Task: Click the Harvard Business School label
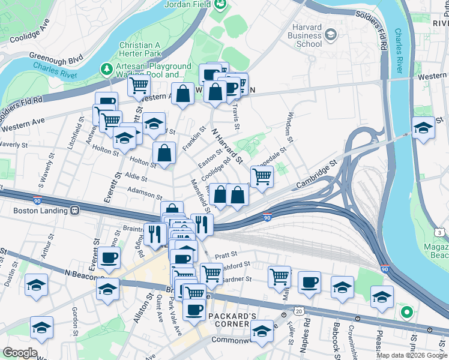point(305,35)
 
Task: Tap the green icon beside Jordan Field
point(221,5)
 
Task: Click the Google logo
point(20,353)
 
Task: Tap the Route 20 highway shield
point(298,311)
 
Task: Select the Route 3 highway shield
point(441,232)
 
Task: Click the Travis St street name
point(236,117)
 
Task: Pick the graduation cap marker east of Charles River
point(423,128)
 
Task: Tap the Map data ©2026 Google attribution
point(412,355)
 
